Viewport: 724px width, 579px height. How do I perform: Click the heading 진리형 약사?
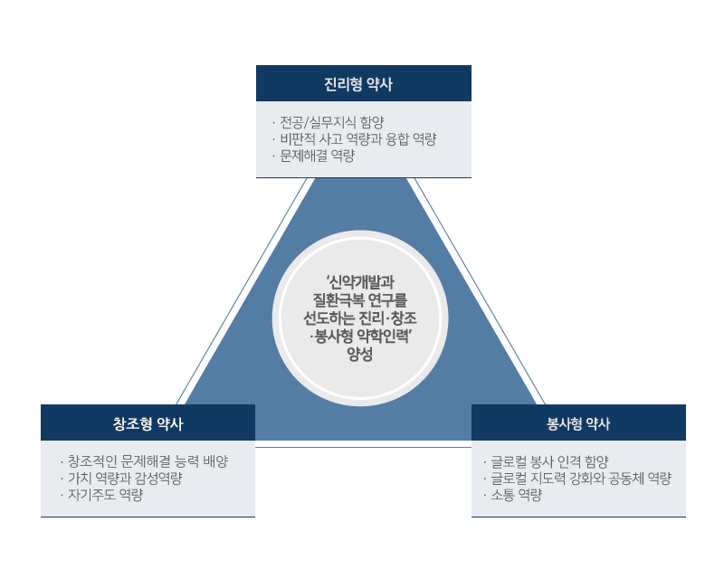pyautogui.click(x=363, y=84)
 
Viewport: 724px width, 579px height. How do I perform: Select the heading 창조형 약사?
pyautogui.click(x=148, y=423)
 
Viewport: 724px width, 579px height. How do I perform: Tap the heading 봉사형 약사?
pyautogui.click(x=578, y=423)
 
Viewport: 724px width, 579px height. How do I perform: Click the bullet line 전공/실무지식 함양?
pyautogui.click(x=333, y=122)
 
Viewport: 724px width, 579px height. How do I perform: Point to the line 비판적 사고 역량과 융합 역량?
pyautogui.click(x=358, y=139)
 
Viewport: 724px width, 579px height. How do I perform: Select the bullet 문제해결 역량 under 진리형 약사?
pyautogui.click(x=318, y=156)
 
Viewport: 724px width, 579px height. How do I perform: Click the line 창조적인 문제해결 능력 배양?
pyautogui.click(x=148, y=461)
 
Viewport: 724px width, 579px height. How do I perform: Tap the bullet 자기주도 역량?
pyautogui.click(x=106, y=495)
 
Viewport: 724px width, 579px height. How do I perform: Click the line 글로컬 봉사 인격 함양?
pyautogui.click(x=548, y=461)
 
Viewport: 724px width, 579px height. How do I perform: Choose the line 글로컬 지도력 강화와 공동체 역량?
pyautogui.click(x=580, y=479)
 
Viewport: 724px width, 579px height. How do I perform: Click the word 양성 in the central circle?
pyautogui.click(x=360, y=355)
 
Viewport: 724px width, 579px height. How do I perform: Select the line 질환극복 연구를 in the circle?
pyautogui.click(x=360, y=299)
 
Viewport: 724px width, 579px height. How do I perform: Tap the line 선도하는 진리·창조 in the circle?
pyautogui.click(x=360, y=318)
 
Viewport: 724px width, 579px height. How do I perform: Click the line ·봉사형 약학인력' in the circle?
pyautogui.click(x=360, y=337)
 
